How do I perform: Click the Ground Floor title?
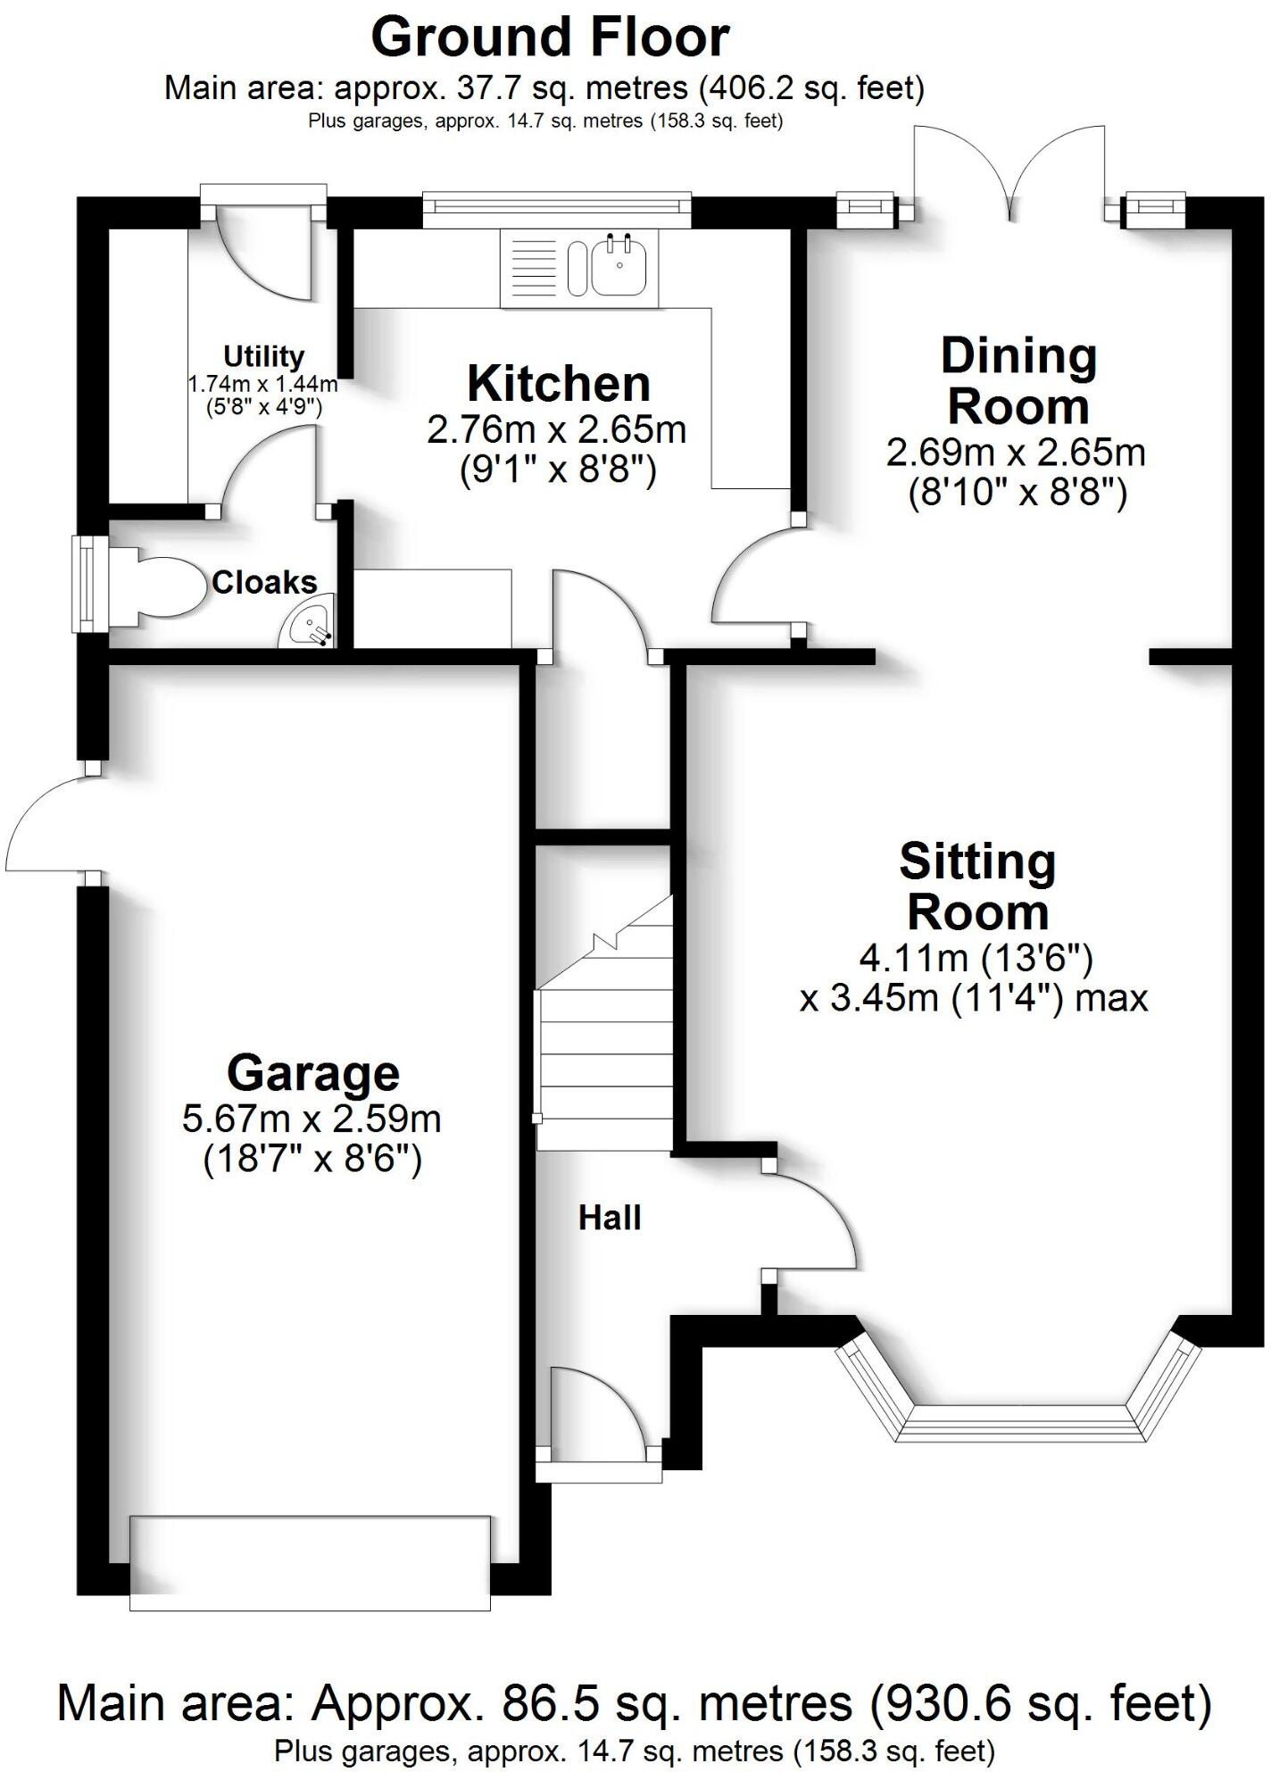tap(550, 37)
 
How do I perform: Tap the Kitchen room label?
tap(559, 384)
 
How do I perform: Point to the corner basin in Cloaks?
tap(308, 622)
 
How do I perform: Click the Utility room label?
tap(263, 356)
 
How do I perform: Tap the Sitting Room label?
tap(977, 886)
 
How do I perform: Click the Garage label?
tap(312, 1073)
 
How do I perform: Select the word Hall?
tap(610, 1218)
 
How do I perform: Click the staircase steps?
tap(604, 1053)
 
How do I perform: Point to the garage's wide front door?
tap(310, 1562)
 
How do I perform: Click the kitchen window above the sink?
tap(557, 207)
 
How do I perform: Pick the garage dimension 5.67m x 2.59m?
tap(312, 1119)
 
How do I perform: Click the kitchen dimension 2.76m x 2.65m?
tap(557, 430)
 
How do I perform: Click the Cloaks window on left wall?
tap(87, 584)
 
